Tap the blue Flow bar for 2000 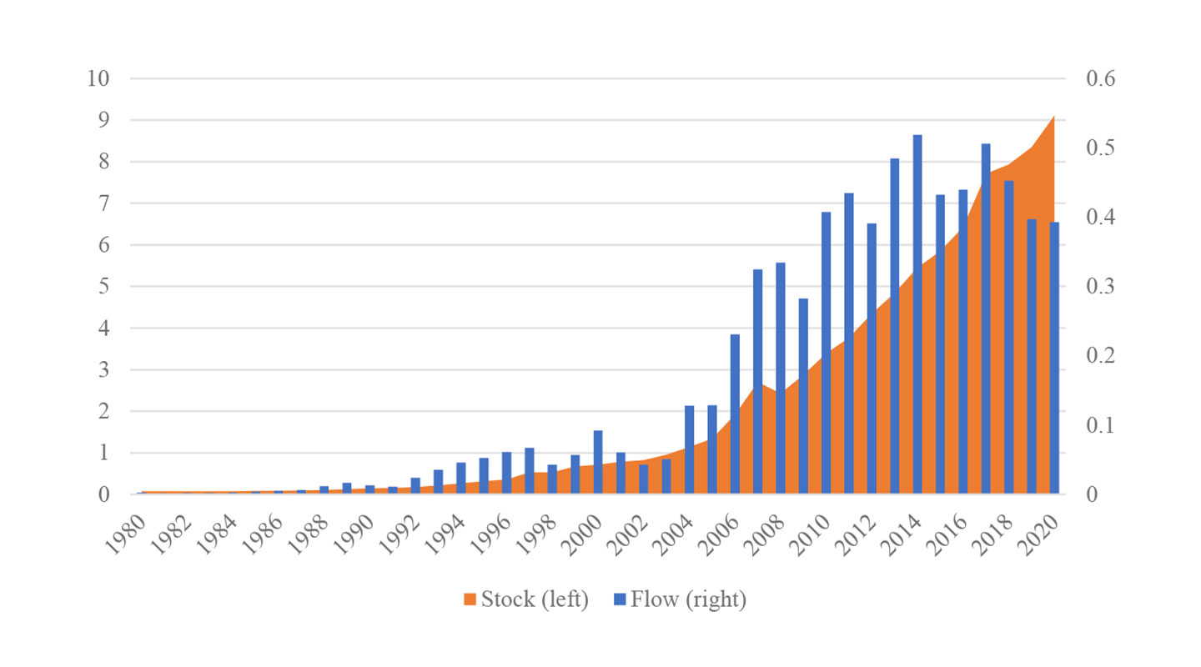click(598, 462)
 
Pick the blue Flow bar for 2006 click(735, 414)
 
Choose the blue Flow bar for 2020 click(1054, 358)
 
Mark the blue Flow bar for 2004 click(690, 449)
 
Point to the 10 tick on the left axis click(98, 78)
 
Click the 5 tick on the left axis click(104, 287)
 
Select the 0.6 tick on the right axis click(1100, 78)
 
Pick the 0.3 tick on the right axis click(1100, 287)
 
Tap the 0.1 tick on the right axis click(1100, 425)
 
